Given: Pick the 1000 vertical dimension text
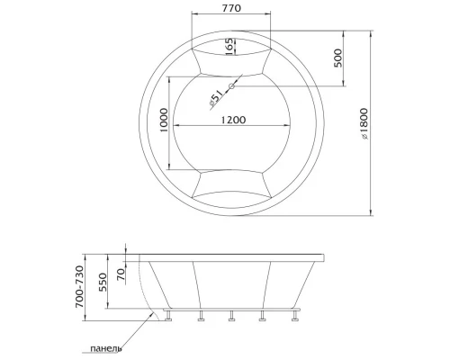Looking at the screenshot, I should pyautogui.click(x=164, y=121).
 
